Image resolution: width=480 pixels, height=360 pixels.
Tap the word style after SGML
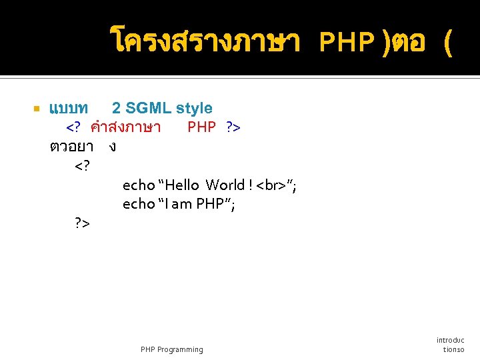(x=194, y=108)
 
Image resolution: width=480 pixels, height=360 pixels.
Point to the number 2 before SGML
(x=116, y=108)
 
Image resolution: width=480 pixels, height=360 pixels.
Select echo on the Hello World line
(x=138, y=185)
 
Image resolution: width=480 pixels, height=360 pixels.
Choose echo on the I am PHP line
(x=138, y=204)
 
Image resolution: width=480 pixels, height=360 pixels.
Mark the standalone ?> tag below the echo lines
(x=83, y=223)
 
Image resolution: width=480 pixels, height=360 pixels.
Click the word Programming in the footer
(x=181, y=349)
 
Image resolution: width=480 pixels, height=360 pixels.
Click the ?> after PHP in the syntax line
(x=233, y=127)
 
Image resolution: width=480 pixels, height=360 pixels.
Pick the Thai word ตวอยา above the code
(x=75, y=146)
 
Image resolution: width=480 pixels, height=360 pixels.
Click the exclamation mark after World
(x=250, y=185)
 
